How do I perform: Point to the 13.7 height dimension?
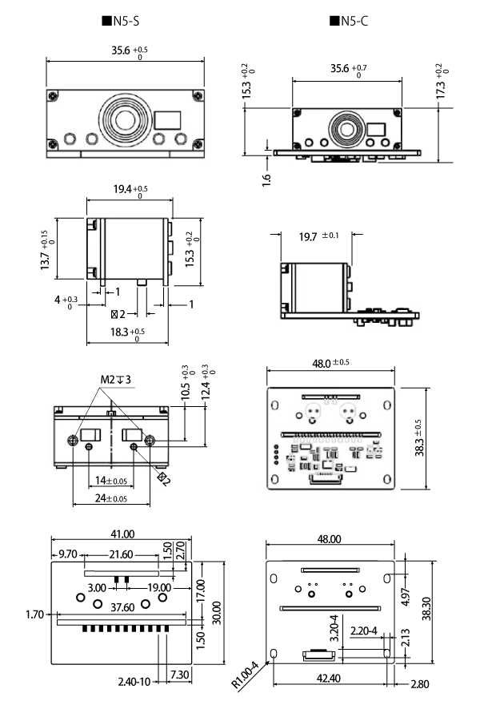coord(47,251)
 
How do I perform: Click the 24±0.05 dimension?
coord(110,498)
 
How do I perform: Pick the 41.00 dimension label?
coord(122,535)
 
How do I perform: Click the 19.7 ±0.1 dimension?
coord(314,236)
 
